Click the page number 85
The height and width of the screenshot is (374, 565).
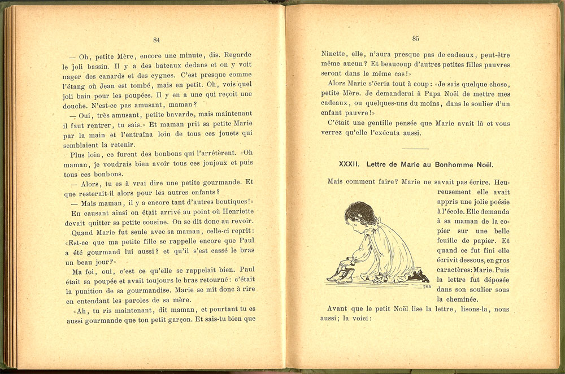coord(415,39)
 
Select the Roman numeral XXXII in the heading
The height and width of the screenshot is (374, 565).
coord(350,165)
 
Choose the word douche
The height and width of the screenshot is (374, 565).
coord(76,105)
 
